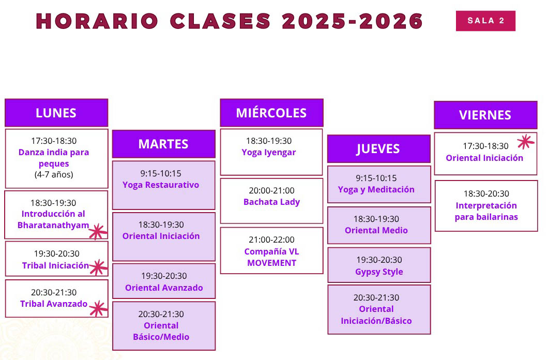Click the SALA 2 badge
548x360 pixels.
(485, 21)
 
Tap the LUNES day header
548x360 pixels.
(56, 113)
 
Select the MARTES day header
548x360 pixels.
(163, 144)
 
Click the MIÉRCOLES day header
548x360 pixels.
(271, 113)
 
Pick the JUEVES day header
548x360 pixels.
(378, 149)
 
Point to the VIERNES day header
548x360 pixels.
(485, 115)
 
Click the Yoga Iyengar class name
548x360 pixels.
(269, 152)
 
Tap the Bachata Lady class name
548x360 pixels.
(271, 202)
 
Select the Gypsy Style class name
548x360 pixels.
(379, 272)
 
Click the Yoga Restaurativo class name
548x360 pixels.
(161, 185)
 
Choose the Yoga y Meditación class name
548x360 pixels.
(376, 189)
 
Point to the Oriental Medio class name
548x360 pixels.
(376, 230)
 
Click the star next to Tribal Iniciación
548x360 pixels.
(97, 267)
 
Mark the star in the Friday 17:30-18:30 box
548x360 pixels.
(526, 141)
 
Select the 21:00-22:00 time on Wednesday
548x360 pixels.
(271, 240)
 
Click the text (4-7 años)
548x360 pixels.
(54, 174)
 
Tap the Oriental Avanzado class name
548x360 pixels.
(164, 288)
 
